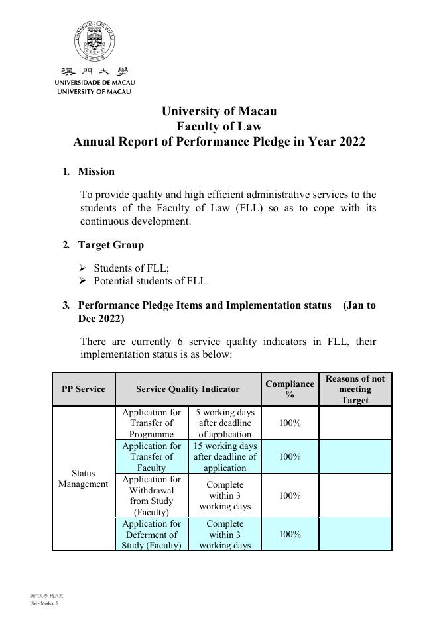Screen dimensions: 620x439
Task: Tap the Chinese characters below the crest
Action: pos(95,72)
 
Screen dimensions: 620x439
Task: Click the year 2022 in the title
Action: pos(351,142)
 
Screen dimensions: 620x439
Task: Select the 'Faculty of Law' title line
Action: pos(219,127)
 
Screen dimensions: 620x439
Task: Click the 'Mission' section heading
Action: pos(96,172)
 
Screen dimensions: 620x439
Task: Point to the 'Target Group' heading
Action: pos(111,245)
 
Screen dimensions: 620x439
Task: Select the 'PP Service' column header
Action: pos(84,389)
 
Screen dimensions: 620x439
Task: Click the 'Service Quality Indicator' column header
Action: pos(188,389)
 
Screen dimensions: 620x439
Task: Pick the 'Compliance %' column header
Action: pos(290,389)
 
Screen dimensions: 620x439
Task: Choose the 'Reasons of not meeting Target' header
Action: pos(355,389)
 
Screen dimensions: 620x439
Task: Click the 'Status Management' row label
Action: pos(84,479)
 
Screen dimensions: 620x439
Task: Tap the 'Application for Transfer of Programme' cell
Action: pos(152,423)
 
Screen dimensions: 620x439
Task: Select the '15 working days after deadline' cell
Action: pos(225,457)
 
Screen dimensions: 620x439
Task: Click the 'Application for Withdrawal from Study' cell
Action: pos(152,495)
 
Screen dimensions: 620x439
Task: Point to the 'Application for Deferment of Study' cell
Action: pos(152,535)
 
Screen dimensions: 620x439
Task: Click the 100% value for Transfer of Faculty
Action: pos(290,457)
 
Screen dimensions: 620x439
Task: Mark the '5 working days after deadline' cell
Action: pos(225,423)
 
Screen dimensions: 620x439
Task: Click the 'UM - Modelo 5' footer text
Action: pos(44,603)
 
